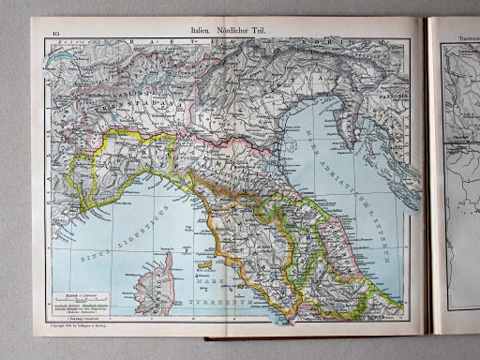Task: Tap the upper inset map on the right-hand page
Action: click(x=459, y=94)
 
